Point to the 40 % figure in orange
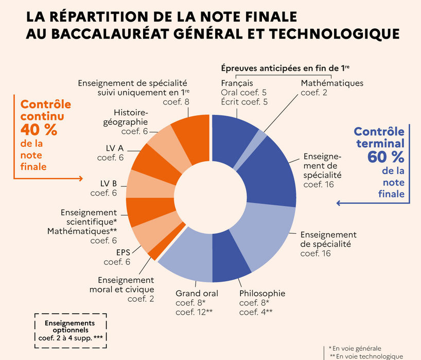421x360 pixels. pos(39,129)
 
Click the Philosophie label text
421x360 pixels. pos(262,294)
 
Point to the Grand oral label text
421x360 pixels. pos(197,294)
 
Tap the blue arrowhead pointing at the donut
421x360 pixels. pos(338,203)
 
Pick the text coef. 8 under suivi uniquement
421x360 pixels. pos(177,101)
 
